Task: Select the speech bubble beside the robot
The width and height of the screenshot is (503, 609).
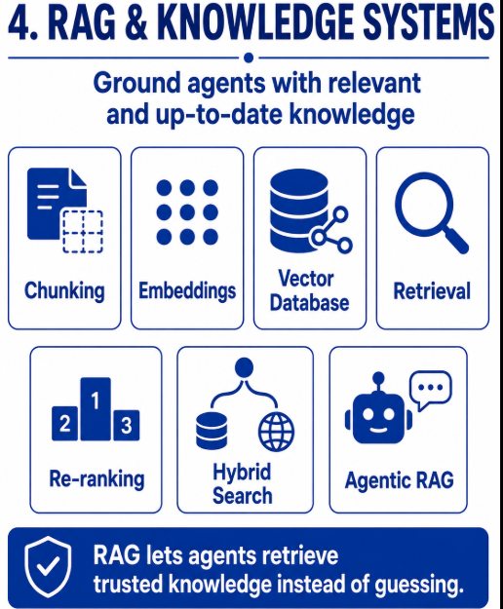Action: (x=431, y=390)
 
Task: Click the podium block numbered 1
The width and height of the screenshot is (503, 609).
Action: (x=96, y=409)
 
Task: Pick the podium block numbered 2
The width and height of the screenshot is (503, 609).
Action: (x=65, y=423)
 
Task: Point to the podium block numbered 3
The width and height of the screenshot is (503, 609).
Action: (x=126, y=425)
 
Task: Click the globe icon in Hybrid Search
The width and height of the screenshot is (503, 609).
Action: (x=276, y=432)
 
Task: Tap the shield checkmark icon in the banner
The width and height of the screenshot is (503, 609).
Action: (x=48, y=567)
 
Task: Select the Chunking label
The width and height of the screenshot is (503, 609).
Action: (x=64, y=291)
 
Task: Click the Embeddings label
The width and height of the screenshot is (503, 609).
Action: (x=187, y=291)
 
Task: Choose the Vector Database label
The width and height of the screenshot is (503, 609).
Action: (x=309, y=291)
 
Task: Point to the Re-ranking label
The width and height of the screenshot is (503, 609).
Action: (x=97, y=478)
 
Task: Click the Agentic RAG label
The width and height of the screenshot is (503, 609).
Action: (x=400, y=480)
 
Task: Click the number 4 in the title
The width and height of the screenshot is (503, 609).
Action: (x=19, y=22)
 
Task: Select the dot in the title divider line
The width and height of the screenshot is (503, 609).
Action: (x=249, y=57)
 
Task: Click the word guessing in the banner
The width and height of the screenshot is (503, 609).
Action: (x=419, y=585)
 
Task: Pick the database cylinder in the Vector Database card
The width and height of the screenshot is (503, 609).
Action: (x=299, y=210)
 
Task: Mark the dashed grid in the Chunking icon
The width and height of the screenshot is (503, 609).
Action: (x=83, y=232)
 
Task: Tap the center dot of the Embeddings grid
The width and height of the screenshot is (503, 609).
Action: (x=187, y=212)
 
